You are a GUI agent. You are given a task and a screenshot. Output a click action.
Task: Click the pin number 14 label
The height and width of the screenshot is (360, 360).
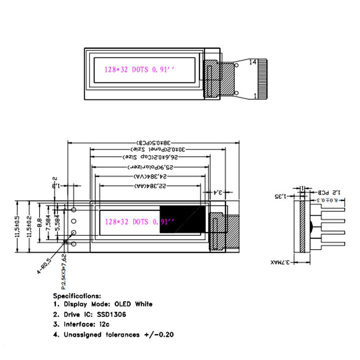[252, 62]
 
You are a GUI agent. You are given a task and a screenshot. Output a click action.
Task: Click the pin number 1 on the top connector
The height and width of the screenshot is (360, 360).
[255, 95]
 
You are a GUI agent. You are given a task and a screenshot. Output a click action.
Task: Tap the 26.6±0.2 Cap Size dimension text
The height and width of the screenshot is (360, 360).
[150, 157]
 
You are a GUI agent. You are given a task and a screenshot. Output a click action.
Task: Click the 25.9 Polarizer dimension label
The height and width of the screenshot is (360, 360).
[150, 167]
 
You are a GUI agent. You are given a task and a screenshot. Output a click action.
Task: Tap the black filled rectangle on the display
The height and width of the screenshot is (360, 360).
[182, 220]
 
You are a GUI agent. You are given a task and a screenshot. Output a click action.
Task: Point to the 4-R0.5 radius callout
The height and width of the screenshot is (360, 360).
[44, 265]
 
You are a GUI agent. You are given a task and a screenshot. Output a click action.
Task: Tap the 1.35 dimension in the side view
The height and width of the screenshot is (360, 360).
[280, 196]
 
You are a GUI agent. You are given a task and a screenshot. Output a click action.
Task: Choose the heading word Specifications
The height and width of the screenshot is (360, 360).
[77, 296]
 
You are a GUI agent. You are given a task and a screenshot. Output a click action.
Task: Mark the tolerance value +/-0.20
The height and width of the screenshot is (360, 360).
[159, 334]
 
